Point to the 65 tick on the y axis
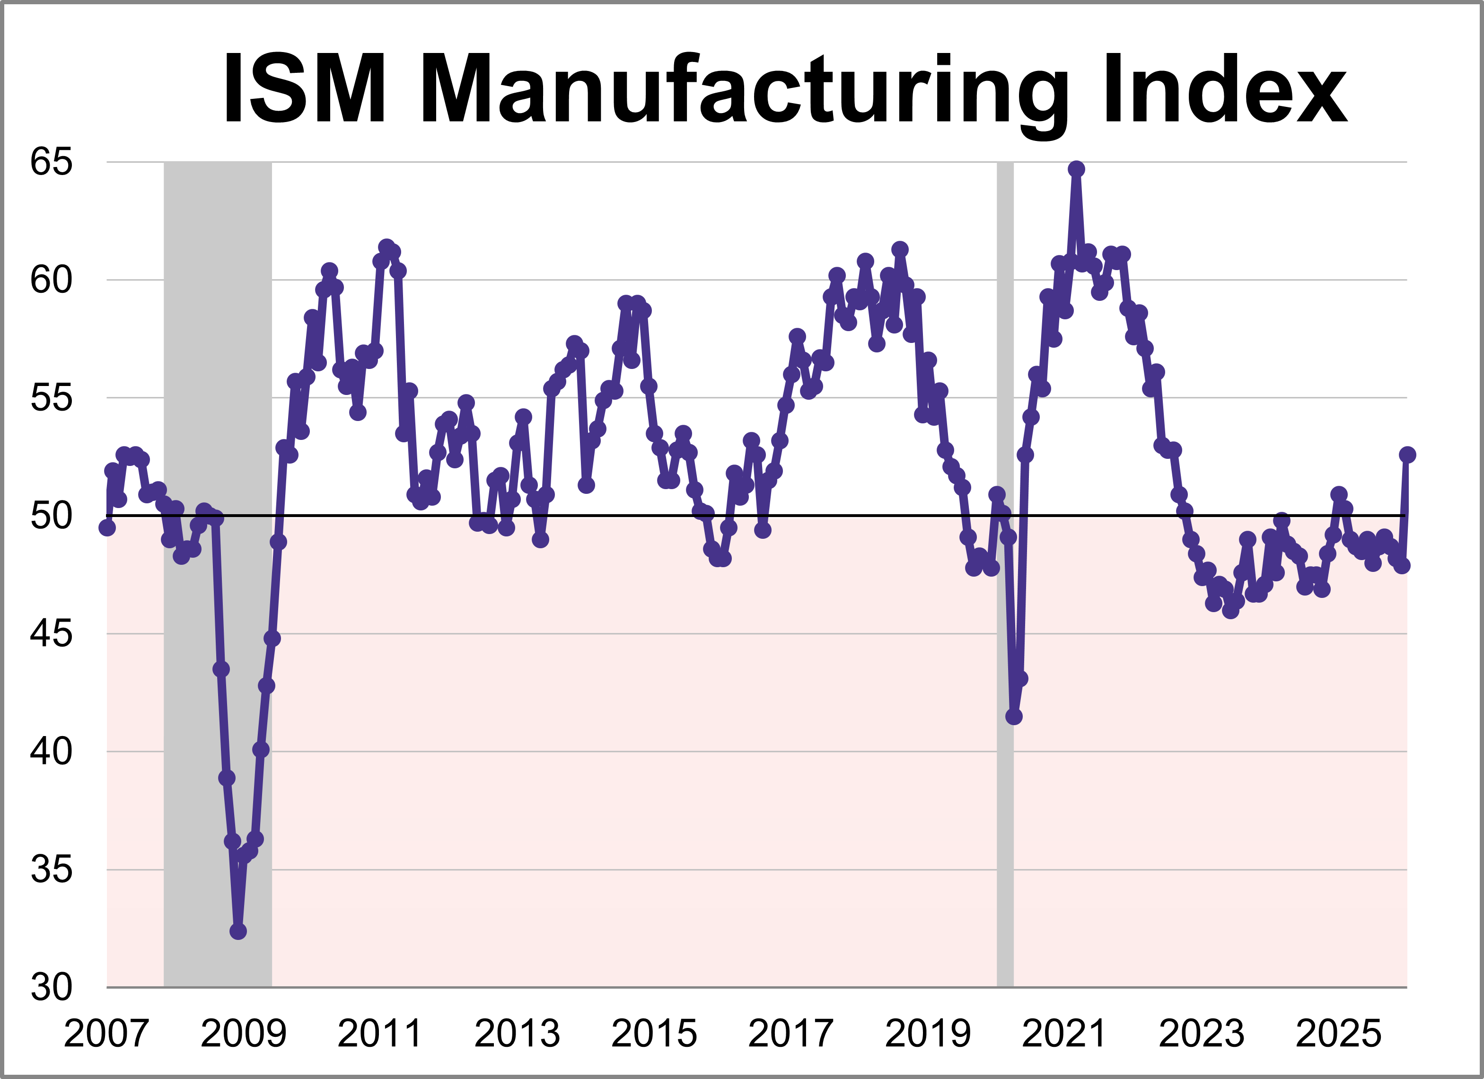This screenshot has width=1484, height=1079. click(51, 162)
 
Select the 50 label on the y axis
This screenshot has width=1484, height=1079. click(51, 516)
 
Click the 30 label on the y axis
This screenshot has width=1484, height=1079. click(51, 987)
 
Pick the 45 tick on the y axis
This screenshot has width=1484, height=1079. click(51, 633)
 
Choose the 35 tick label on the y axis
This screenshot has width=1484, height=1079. click(51, 869)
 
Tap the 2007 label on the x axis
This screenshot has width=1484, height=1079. click(106, 1034)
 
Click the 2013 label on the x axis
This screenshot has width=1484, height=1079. click(517, 1034)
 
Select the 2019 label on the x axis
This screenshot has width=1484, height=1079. click(928, 1034)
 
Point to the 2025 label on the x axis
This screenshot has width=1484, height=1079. click(1338, 1034)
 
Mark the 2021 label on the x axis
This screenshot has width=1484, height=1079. click(1064, 1034)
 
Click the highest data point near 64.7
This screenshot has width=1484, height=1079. click(1076, 169)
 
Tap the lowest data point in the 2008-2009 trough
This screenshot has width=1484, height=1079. click(238, 930)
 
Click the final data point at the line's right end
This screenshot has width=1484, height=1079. click(1407, 455)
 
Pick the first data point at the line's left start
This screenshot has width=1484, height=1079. click(106, 527)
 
